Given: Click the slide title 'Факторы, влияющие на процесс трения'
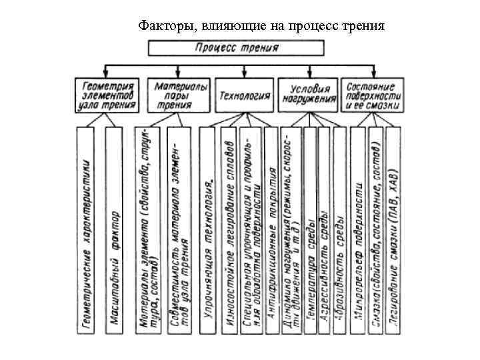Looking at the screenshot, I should [261, 26].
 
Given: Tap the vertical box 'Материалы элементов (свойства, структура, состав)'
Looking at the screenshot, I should [147, 230].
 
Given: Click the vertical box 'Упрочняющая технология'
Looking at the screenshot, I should [209, 230].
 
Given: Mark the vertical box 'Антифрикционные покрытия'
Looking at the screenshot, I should [271, 230].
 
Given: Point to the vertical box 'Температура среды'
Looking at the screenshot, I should [310, 230].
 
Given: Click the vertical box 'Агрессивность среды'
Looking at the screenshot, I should [325, 230].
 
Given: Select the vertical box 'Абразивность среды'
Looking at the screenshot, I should [339, 230].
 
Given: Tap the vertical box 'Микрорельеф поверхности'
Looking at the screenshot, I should [358, 230].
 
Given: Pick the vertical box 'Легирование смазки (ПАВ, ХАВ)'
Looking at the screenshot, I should [395, 230].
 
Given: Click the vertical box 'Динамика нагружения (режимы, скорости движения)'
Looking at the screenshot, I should [291, 230].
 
